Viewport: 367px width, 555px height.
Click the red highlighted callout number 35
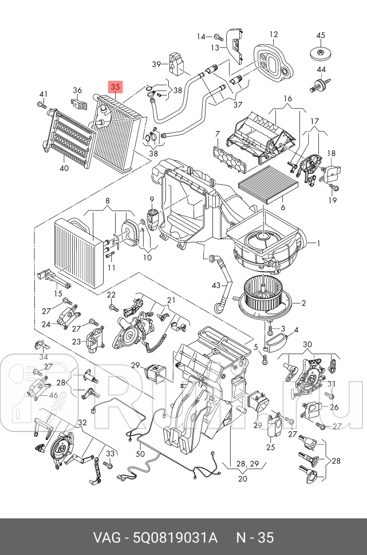115,86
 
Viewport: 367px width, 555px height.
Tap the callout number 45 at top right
320,35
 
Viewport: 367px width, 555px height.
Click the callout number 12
274,34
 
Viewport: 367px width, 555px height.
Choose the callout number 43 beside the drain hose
216,286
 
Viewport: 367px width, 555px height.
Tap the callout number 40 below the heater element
64,168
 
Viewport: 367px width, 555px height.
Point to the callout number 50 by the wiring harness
140,453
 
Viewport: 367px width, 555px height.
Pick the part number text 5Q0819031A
175,538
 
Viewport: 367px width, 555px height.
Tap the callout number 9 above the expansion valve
152,199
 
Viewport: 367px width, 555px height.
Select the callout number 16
287,98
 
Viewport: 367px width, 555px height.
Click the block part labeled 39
177,64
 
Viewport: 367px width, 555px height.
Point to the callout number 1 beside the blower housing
318,243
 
